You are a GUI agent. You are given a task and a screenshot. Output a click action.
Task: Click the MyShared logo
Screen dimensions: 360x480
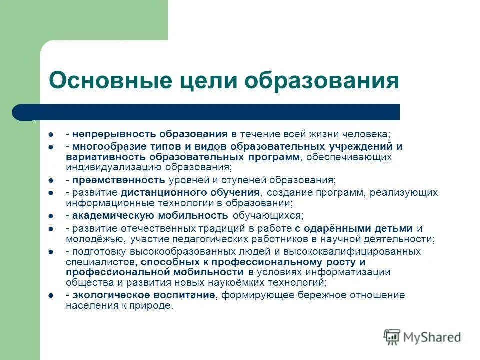pos(422,337)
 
